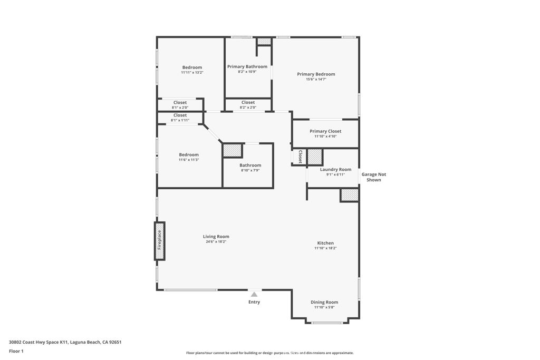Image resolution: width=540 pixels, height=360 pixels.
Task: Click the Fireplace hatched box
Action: pos(159,241)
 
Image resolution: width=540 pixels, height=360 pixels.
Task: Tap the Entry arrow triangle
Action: pos(254,295)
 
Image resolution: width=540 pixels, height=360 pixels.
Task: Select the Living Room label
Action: pos(216,237)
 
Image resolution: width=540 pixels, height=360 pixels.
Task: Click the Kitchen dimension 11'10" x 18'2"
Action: pos(325,248)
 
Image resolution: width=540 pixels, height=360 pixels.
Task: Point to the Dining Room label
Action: pos(324,302)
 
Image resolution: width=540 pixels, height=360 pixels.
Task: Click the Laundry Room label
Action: pos(335,170)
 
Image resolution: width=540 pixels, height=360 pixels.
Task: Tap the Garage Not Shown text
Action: pos(373,177)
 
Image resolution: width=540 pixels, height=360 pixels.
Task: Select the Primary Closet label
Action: pos(325,131)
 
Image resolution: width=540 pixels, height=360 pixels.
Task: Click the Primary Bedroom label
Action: pos(316,74)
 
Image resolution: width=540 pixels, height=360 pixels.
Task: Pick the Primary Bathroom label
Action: pos(247,67)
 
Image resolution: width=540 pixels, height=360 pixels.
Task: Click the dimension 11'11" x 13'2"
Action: pos(192,73)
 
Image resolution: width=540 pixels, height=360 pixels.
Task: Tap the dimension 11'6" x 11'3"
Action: pos(189,160)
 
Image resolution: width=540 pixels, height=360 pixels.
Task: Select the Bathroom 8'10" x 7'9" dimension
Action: pos(250,170)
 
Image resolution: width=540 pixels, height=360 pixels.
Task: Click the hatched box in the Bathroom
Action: pos(232,150)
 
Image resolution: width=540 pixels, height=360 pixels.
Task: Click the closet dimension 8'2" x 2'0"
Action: pos(248,108)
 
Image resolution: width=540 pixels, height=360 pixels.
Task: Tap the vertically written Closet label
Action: pos(300,157)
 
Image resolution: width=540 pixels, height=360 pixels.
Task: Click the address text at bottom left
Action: pos(65,342)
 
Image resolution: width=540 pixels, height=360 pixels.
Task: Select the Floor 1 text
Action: pos(16,351)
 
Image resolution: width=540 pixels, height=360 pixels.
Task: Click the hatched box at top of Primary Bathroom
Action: pos(264,41)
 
